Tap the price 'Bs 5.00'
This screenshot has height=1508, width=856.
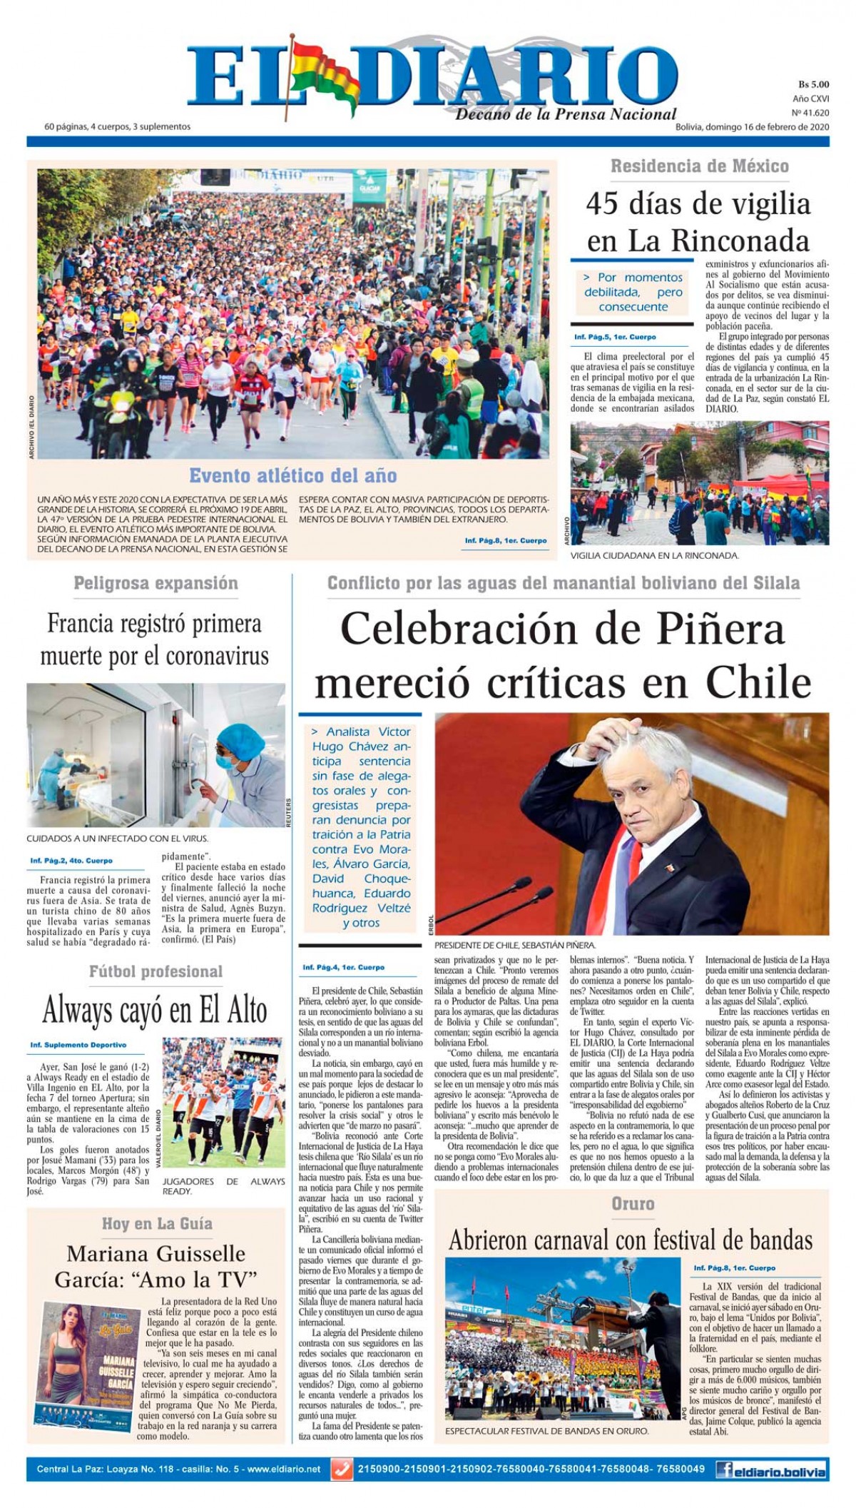click(813, 84)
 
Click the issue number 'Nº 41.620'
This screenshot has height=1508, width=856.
click(811, 113)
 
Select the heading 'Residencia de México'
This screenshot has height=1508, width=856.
click(699, 166)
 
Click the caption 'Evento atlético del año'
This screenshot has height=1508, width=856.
click(292, 475)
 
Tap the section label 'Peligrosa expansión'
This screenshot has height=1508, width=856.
click(156, 583)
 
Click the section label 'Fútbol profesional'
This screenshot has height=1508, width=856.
click(156, 971)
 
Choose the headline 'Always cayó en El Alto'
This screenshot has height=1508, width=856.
click(155, 1010)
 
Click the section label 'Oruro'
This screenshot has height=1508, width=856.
click(633, 1203)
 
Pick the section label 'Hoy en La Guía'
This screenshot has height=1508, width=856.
click(157, 1223)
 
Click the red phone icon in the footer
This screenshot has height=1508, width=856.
click(342, 1469)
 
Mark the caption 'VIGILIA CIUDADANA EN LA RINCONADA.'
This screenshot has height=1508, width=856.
click(654, 555)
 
